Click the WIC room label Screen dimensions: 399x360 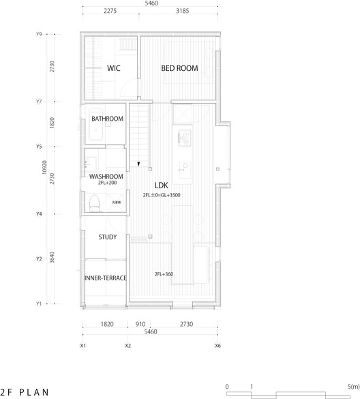click(x=112, y=69)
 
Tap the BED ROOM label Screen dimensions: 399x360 click(x=180, y=69)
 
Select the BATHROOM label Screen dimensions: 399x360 click(x=107, y=119)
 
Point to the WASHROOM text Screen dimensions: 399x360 click(x=106, y=177)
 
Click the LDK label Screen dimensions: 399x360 click(x=162, y=185)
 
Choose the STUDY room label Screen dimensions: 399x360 click(x=107, y=237)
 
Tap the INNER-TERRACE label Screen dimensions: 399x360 click(x=105, y=278)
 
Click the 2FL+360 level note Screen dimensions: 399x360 click(x=164, y=274)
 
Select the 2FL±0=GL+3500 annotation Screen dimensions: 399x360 click(x=162, y=195)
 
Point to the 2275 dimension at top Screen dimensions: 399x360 click(x=114, y=12)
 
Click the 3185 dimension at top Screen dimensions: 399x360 click(x=182, y=12)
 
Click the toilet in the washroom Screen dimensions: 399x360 click(x=95, y=202)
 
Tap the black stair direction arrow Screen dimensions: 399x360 click(x=139, y=164)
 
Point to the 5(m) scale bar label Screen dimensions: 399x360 click(x=352, y=387)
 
